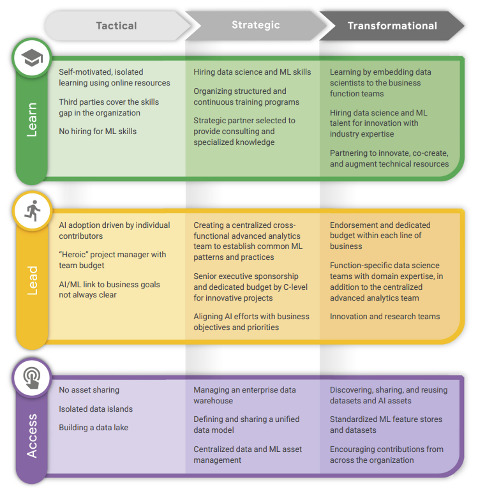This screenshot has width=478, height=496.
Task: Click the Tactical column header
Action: (x=116, y=26)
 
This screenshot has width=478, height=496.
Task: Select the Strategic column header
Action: (x=255, y=25)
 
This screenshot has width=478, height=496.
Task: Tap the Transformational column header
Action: (x=392, y=26)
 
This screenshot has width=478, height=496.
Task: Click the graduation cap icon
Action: (x=31, y=59)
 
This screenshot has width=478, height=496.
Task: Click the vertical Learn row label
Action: (x=31, y=119)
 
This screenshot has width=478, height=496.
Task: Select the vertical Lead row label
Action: (x=31, y=280)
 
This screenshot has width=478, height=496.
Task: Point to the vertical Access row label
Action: (x=31, y=436)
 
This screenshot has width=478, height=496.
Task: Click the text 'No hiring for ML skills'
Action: (x=98, y=132)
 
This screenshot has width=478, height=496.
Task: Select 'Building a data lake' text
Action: (x=94, y=427)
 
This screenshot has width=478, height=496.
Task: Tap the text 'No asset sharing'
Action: (x=89, y=389)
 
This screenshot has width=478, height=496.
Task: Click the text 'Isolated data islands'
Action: (x=96, y=409)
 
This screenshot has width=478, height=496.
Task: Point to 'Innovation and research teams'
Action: (x=385, y=317)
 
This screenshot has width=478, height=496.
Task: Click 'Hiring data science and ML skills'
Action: (x=252, y=72)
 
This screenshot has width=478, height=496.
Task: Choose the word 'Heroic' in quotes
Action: (x=75, y=255)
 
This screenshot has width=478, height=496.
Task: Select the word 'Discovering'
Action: (x=353, y=389)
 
